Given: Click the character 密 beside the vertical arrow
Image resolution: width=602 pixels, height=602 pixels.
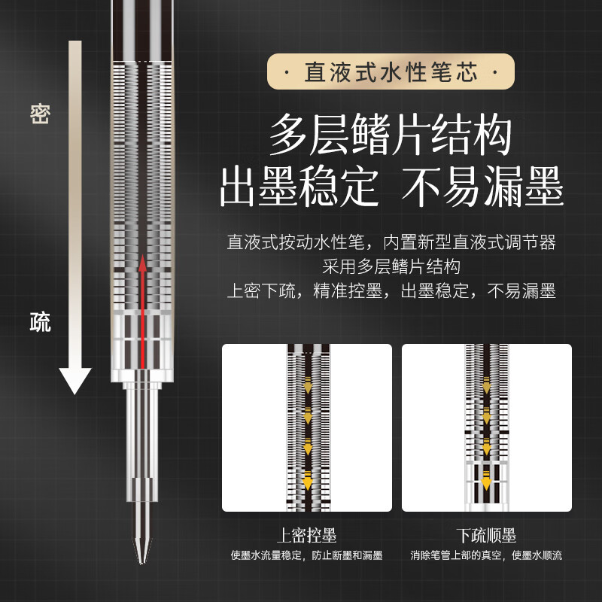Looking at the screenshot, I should coord(40,114).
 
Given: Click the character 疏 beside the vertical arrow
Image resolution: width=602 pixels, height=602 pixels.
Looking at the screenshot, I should coord(40,323).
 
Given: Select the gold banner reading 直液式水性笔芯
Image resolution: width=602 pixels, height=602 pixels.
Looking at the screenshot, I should coord(391,73).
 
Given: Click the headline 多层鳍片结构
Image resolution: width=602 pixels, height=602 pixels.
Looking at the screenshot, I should coord(391,136).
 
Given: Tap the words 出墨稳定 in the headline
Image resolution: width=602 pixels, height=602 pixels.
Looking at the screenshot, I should coord(299,189).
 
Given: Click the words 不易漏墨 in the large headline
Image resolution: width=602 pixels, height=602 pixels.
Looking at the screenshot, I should coord(482,189).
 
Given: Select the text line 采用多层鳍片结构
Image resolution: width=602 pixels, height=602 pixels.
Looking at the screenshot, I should coord(391,266).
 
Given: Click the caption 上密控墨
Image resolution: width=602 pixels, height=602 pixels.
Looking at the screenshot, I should coord(306,536).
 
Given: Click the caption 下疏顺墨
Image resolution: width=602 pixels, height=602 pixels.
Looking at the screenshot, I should coord(486,536).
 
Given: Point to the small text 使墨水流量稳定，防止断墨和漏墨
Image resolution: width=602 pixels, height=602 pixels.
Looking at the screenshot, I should coord(306,556).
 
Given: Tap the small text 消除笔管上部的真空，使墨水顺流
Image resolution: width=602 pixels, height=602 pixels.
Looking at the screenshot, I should coord(486,556).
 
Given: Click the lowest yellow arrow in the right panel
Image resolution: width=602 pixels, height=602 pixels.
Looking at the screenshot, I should coord(486,476).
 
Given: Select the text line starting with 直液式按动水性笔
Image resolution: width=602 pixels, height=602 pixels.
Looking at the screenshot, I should coord(391,243).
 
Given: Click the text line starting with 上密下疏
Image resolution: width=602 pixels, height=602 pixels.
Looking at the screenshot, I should coord(391,290).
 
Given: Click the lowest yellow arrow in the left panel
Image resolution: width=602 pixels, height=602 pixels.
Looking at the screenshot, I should coord(306,477).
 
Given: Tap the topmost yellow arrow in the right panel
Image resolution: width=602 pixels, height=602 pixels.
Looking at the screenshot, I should coord(486,386).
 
